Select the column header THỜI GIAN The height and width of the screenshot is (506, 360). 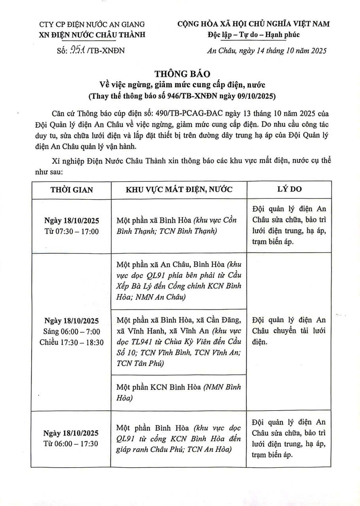click(x=72, y=189)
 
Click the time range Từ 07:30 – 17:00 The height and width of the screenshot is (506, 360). click(x=72, y=231)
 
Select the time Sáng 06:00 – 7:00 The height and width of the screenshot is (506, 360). click(x=72, y=331)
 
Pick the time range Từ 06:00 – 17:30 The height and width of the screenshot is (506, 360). click(x=72, y=444)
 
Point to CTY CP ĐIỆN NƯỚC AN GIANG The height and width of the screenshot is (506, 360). click(x=92, y=25)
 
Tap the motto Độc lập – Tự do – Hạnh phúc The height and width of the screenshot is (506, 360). click(x=254, y=34)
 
